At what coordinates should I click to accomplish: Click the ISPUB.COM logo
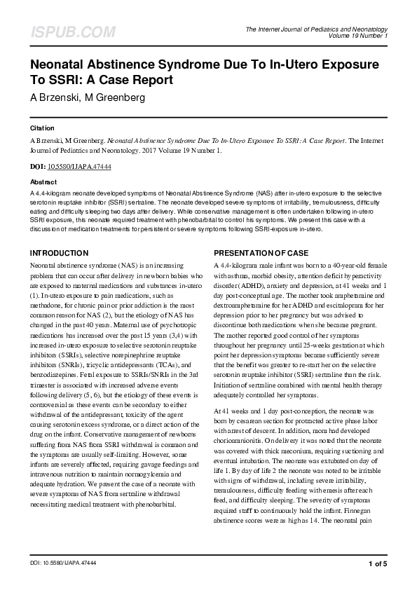(x=63, y=32)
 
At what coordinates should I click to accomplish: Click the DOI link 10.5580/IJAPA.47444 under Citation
(x=74, y=167)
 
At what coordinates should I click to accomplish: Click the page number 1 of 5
(x=377, y=563)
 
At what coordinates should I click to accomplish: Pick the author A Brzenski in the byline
(x=53, y=97)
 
